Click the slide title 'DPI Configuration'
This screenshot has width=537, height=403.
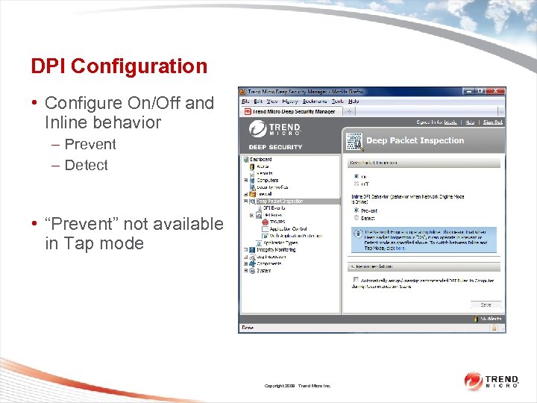119,66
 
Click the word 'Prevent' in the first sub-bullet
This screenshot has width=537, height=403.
90,144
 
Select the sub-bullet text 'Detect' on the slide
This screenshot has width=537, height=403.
86,165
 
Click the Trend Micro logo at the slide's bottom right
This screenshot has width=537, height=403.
492,381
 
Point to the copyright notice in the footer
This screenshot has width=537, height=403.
297,386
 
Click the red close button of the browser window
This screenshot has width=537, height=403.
500,91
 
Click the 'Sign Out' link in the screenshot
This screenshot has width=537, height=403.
492,122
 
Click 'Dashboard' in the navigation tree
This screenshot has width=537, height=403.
260,159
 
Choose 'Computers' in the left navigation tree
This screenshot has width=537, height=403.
266,180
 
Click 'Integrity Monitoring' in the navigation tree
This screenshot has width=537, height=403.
275,249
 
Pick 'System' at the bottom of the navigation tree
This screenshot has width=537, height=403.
263,270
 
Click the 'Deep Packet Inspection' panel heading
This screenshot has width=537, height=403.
415,140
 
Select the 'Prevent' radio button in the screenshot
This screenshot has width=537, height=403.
356,210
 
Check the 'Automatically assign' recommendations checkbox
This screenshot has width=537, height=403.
355,281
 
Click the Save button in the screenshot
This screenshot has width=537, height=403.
486,304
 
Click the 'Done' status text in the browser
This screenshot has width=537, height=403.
247,327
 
